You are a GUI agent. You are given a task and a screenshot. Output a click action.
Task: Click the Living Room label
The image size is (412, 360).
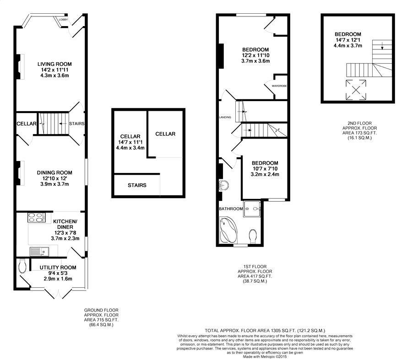[x=54, y=64]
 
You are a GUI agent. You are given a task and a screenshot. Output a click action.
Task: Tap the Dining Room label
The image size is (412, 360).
[x=54, y=173]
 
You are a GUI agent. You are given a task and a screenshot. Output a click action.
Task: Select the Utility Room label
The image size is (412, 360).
[x=58, y=268]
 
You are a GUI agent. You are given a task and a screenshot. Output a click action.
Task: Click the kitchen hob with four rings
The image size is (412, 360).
[x=36, y=218]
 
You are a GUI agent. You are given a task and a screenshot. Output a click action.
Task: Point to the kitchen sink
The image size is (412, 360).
[x=39, y=252]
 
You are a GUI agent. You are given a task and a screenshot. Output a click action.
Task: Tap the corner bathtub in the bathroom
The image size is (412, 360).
[x=228, y=230]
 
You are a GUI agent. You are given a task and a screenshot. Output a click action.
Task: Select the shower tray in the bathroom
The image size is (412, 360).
[x=252, y=209]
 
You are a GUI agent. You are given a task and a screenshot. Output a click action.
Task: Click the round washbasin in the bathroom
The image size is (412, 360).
[x=223, y=185]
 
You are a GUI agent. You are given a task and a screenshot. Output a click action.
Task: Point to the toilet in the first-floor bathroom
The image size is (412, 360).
[x=253, y=236]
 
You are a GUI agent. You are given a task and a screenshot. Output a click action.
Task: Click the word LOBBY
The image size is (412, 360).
[x=63, y=20]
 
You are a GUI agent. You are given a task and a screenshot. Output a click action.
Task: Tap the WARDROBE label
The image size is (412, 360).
[x=279, y=86]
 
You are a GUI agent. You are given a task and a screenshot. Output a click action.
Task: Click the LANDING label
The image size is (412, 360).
[x=225, y=118]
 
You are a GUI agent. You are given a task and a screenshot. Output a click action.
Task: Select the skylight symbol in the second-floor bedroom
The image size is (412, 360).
[x=356, y=90]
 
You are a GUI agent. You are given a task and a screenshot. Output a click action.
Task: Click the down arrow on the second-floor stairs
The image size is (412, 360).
[x=382, y=45]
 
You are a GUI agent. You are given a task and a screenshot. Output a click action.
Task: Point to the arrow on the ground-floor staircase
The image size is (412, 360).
[x=62, y=124]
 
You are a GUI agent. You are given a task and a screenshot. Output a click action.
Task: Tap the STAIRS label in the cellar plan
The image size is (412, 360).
[x=137, y=185]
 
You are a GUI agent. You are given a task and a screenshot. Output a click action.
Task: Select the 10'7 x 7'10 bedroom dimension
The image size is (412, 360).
[x=265, y=169]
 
